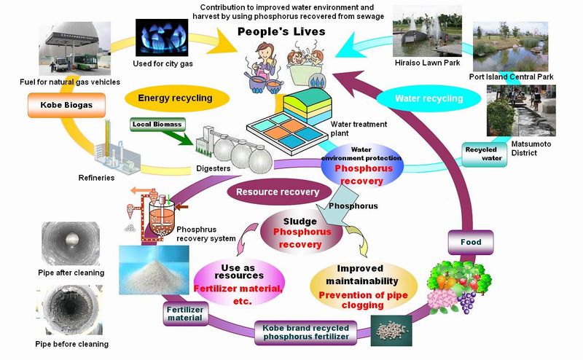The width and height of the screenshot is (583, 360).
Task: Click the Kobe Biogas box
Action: click(66, 105)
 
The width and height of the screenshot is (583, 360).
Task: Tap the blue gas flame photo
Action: click(162, 38)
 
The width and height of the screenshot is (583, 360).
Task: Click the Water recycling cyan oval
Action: click(429, 98)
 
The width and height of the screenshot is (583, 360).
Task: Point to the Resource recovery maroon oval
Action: click(279, 192)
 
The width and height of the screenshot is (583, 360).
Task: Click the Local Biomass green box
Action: click(157, 124)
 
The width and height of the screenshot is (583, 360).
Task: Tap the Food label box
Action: click(471, 242)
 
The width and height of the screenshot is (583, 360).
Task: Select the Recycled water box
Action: click(484, 154)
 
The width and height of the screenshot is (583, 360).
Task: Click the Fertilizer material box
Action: click(185, 313)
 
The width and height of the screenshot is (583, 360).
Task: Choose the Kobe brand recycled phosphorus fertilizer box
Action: click(305, 332)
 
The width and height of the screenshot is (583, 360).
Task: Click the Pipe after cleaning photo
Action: click(71, 243)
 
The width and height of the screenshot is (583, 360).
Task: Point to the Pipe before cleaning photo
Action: click(69, 310)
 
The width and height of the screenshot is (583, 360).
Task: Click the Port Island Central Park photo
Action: click(511, 47)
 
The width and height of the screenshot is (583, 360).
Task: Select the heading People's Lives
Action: click(281, 31)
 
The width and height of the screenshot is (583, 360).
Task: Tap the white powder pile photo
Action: click(154, 270)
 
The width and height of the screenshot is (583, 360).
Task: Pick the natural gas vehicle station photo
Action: click(75, 49)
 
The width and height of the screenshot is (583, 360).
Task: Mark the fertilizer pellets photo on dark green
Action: click(391, 331)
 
